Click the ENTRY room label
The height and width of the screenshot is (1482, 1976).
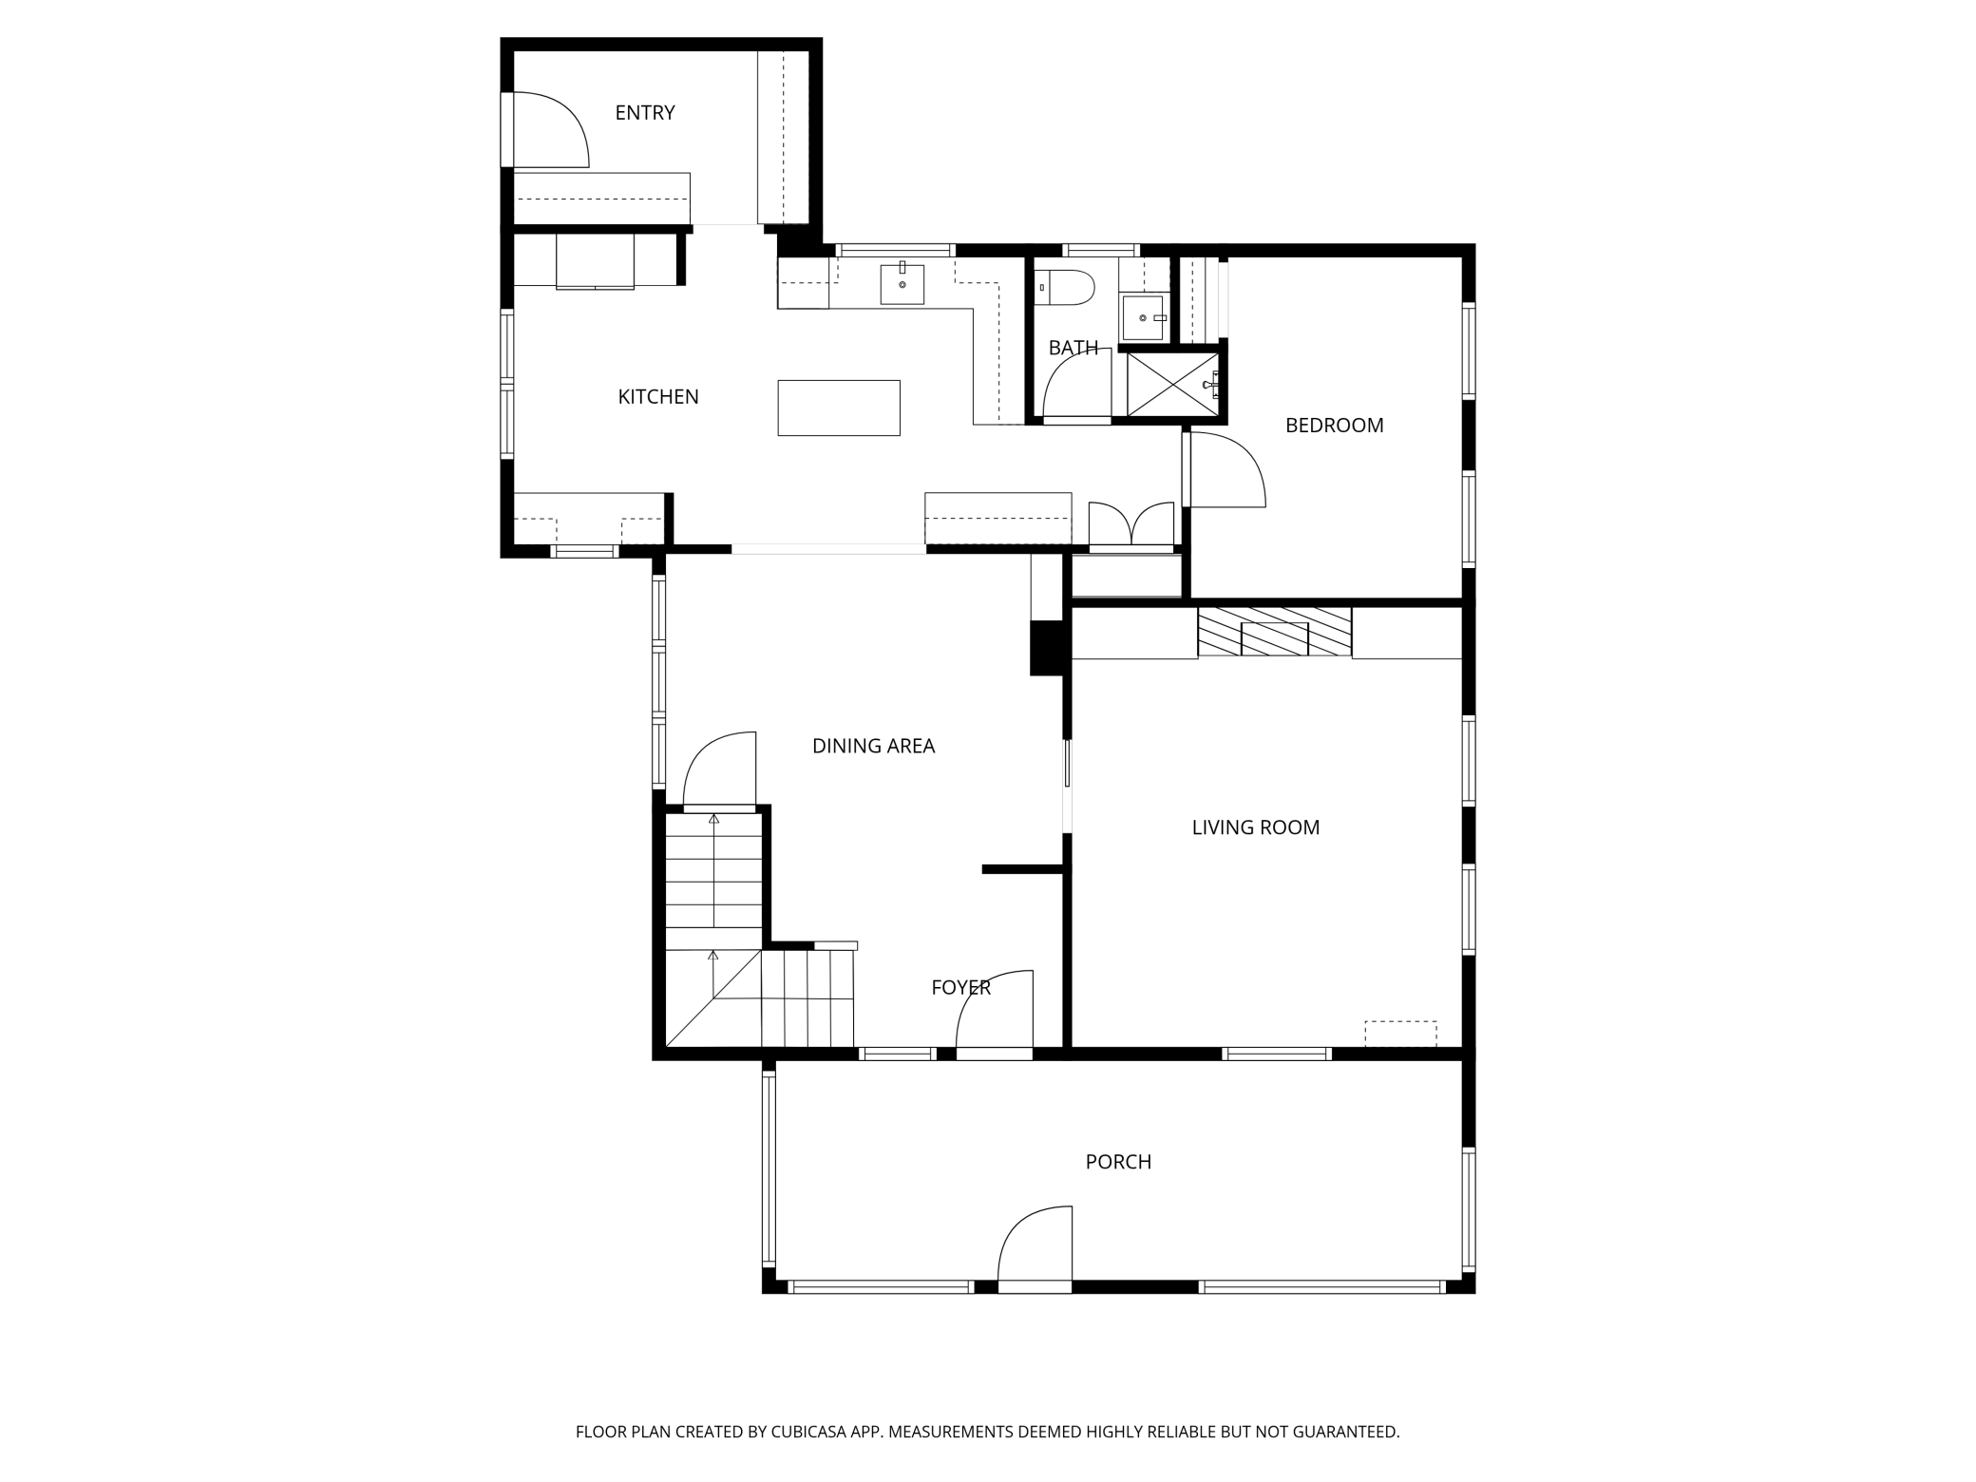point(644,113)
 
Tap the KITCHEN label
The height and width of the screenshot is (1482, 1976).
point(657,397)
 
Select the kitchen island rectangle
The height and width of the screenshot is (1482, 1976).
point(838,408)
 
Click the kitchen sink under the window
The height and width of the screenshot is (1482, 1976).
point(902,284)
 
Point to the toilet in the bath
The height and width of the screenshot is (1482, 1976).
point(1066,287)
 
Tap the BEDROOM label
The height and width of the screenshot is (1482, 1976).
point(1334,426)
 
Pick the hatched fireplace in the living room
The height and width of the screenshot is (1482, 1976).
point(1274,632)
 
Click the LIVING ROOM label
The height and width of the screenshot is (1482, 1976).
point(1255,827)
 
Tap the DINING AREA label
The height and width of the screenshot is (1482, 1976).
point(873,747)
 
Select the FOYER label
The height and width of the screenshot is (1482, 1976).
point(960,988)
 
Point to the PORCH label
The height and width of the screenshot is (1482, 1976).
point(1118,1162)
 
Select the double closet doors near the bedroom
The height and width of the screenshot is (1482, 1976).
point(1130,525)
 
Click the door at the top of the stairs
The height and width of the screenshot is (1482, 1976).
point(720,769)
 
